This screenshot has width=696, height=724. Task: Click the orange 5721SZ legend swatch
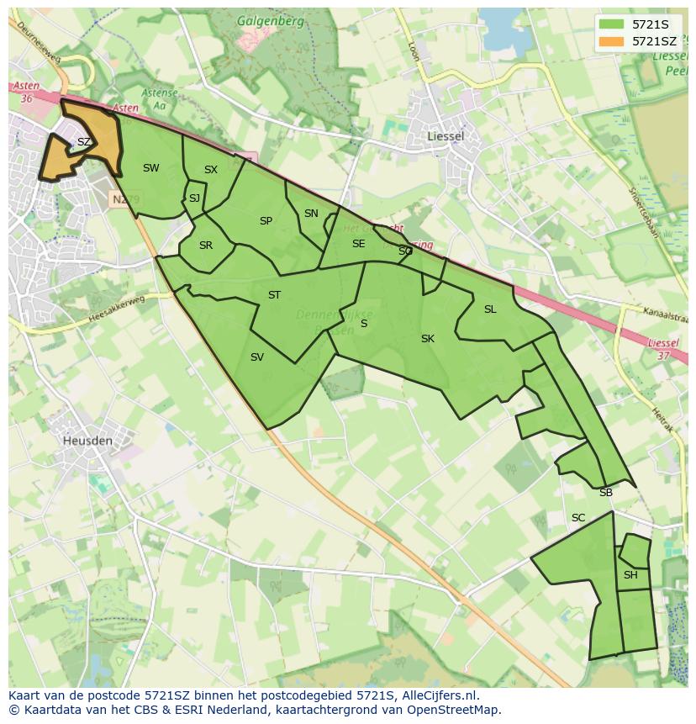[x=612, y=41]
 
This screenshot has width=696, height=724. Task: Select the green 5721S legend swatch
[x=612, y=24]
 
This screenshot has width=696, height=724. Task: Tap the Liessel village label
[x=446, y=135]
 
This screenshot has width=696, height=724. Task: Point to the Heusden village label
[x=87, y=440]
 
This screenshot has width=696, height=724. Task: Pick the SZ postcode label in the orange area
[x=83, y=142]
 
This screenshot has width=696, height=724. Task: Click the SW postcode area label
[x=150, y=168]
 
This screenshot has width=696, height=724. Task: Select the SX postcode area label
[x=210, y=170]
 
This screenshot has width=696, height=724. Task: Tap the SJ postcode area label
[x=194, y=198]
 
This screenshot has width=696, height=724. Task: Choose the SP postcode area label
[x=266, y=221]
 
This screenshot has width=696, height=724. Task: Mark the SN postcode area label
[x=311, y=214]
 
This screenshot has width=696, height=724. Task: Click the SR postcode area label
[x=206, y=246]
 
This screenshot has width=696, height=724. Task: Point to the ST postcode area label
[x=274, y=295]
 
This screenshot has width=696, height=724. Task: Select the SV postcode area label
[x=257, y=357]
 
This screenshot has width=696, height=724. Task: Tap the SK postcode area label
[x=427, y=339]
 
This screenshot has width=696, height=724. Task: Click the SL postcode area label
[x=490, y=309]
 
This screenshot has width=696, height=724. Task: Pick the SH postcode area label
[x=630, y=575]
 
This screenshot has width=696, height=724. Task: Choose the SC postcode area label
[x=578, y=518]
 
